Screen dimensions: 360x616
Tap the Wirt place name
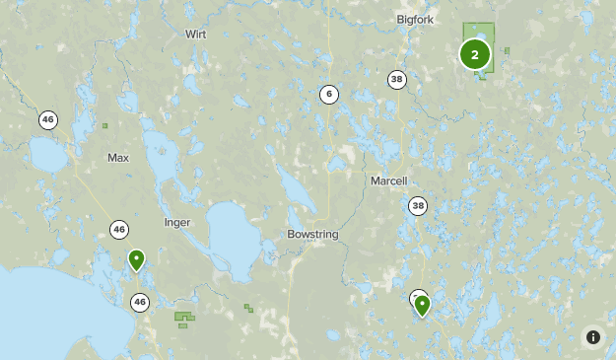click(196, 34)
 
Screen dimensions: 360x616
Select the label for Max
click(118, 158)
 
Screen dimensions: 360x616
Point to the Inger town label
click(177, 222)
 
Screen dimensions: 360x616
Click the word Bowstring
click(313, 234)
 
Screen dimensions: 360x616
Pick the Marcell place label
click(388, 180)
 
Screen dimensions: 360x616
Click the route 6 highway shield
click(328, 95)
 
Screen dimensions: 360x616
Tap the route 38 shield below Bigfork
click(397, 80)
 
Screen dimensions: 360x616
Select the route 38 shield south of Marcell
click(419, 205)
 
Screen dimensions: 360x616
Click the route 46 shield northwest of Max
click(48, 119)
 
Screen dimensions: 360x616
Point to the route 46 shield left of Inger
click(119, 229)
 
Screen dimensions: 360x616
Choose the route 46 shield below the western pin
click(140, 303)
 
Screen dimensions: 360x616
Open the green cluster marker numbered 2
click(475, 54)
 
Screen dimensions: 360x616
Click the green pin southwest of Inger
click(136, 259)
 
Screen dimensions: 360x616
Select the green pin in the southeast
click(422, 305)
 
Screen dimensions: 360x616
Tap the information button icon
click(593, 337)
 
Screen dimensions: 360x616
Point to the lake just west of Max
click(47, 154)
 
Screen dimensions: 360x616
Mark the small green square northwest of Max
click(104, 125)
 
